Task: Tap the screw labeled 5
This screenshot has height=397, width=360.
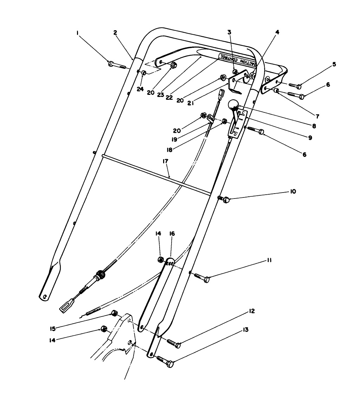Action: click(295, 85)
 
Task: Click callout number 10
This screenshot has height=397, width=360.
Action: click(293, 191)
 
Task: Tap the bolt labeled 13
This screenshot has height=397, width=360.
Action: click(165, 361)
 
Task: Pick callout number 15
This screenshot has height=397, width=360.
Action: click(53, 329)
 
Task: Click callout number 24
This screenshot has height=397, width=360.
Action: click(140, 89)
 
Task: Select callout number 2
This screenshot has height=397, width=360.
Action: click(115, 33)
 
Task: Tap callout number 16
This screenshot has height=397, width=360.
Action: click(172, 234)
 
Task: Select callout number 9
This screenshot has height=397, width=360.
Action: click(310, 138)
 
